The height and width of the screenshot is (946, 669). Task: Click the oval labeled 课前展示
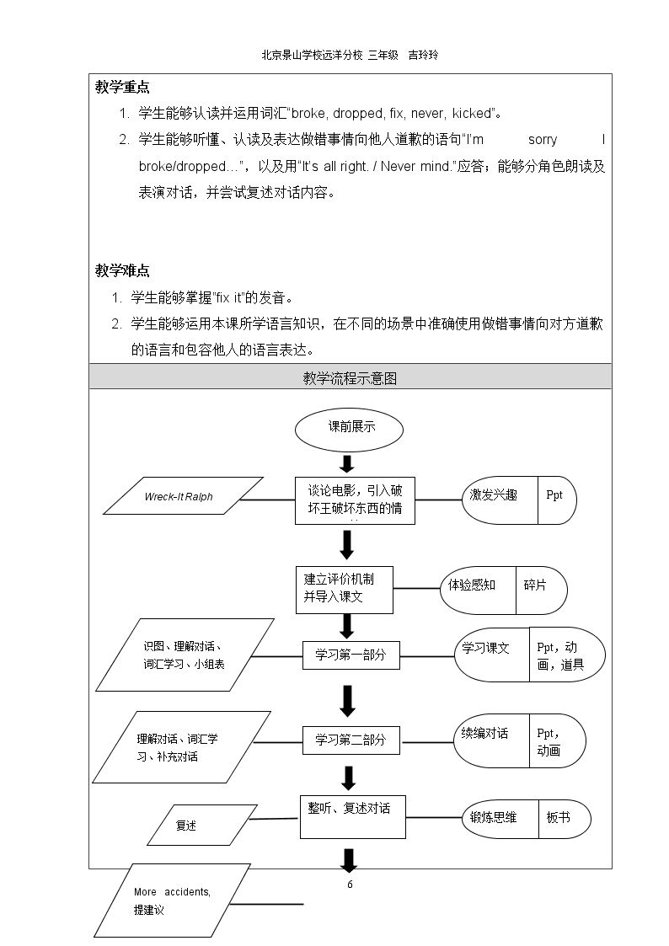pos(349,430)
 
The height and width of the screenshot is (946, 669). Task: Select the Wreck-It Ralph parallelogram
pos(184,496)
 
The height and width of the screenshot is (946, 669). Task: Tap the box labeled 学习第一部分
pos(351,655)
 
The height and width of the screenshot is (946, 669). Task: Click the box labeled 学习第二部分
pos(351,740)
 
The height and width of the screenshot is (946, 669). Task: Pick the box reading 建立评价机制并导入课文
pos(345,590)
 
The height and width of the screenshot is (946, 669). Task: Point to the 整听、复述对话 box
pos(353,817)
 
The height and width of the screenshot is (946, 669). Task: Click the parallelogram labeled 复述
pos(202,825)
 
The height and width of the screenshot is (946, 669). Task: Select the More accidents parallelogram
pos(172,901)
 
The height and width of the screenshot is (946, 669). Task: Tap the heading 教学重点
pos(122,87)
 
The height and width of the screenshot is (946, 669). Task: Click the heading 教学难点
pos(122,270)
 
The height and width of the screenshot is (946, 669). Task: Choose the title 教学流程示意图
pos(350,378)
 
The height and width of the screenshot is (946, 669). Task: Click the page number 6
pos(350,885)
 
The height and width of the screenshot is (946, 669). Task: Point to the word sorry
pos(543,140)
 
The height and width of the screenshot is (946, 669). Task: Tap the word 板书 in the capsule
pos(558,817)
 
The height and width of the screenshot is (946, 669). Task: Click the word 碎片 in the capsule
pos(535,585)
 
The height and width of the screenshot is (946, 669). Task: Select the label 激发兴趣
pos(494,495)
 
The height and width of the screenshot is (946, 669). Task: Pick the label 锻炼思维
pos(494,817)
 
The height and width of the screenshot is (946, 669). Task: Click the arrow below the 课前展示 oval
pos(347,463)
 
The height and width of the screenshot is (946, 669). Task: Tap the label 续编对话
pos(485,733)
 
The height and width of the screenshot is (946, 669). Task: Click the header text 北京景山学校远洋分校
pos(313,55)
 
